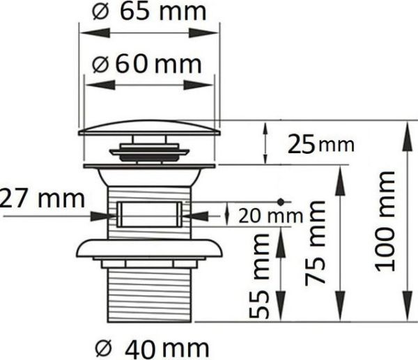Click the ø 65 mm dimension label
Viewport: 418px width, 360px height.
(x=149, y=12)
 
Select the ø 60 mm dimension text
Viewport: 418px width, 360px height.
(x=146, y=65)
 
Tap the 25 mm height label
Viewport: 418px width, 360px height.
(x=321, y=144)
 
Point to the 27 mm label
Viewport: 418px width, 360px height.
(x=42, y=198)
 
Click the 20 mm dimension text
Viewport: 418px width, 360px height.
(x=270, y=216)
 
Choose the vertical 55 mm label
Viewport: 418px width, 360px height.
(x=258, y=276)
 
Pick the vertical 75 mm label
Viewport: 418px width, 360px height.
(x=315, y=243)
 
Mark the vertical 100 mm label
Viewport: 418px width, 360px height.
(x=385, y=221)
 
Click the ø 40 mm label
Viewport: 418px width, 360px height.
(x=152, y=348)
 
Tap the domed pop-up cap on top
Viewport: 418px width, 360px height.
(x=150, y=128)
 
